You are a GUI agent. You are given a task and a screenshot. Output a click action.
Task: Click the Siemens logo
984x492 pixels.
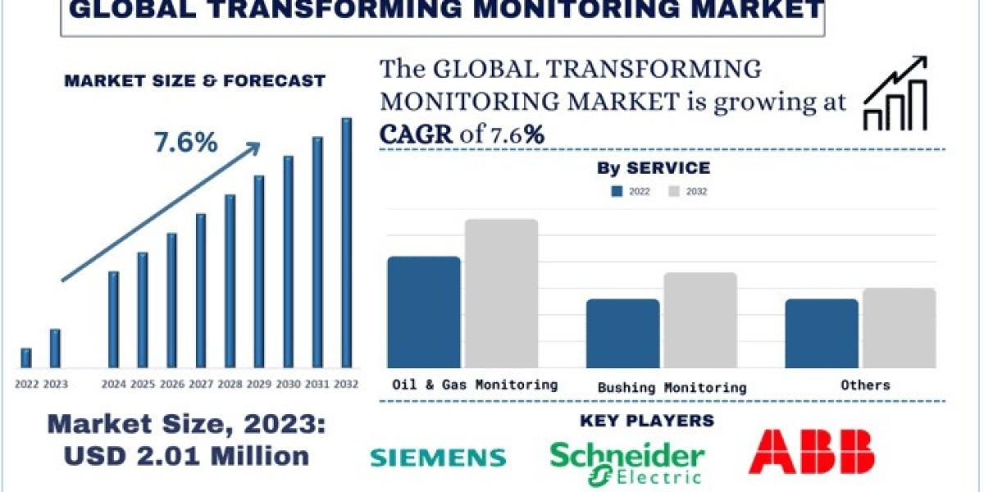coord(438,457)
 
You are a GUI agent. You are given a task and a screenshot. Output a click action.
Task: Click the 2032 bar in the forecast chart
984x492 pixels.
coord(346,243)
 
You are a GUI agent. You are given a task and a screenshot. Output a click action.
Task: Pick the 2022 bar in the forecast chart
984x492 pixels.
coord(26,358)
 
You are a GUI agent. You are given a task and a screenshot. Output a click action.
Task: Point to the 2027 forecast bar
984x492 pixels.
coord(201,290)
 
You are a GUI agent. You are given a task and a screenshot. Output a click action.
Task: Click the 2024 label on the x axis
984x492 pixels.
coord(113,383)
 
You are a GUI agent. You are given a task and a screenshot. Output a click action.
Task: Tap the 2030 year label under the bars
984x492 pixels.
coord(288,383)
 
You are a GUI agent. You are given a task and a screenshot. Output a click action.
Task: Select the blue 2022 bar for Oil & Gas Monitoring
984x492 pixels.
coord(423,312)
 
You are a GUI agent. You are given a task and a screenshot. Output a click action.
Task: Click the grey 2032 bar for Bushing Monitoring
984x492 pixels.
coord(700,320)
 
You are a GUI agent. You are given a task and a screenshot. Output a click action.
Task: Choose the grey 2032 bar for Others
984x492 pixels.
coord(899,328)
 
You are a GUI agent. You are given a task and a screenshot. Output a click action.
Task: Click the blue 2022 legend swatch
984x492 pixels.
coord(617,192)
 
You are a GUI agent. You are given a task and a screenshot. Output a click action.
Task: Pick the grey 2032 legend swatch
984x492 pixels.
coord(675,192)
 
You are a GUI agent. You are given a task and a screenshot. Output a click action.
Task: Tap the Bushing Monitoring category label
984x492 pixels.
coord(672,387)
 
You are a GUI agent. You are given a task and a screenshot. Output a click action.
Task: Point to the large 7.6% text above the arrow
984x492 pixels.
coord(185,143)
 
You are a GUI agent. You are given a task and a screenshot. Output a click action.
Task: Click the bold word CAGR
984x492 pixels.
coord(416,134)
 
